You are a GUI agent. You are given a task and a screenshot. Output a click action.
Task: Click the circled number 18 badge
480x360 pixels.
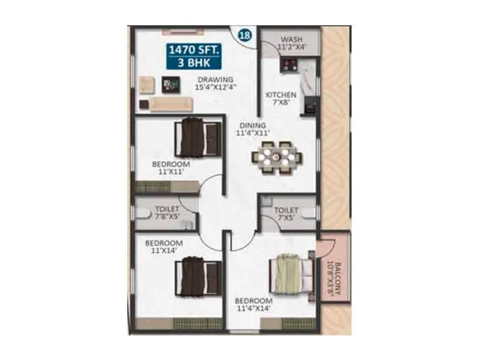(x=245, y=35)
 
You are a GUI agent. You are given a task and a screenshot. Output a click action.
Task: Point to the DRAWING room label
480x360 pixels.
(x=215, y=82)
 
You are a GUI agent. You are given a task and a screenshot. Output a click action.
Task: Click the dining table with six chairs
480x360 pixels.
(x=277, y=157)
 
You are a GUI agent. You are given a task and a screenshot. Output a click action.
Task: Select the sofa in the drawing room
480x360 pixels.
(x=170, y=104)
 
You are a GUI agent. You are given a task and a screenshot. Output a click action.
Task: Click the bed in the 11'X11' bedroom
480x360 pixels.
(x=194, y=138)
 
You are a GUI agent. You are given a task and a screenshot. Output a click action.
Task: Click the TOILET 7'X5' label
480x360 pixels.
(x=286, y=215)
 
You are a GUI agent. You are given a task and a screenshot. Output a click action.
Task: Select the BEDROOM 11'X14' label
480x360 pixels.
(x=163, y=247)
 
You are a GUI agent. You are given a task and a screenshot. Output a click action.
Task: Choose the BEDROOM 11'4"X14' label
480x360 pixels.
(x=254, y=305)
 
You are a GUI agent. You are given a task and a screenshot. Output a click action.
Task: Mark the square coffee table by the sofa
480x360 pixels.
(x=172, y=85)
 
